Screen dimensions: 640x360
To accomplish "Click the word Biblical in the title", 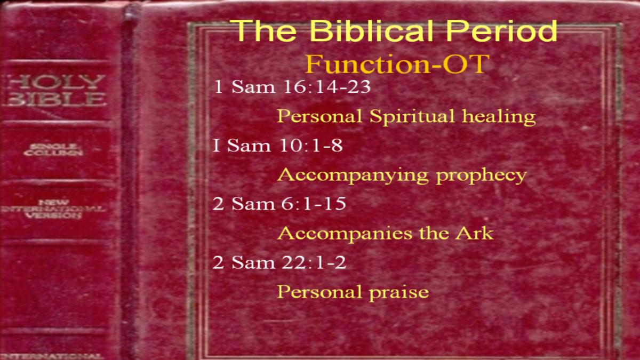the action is tap(371, 30).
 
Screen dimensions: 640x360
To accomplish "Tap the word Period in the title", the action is tap(502, 30).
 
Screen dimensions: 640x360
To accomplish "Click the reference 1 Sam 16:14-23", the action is tap(292, 86).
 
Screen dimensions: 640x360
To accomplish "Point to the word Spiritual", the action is tap(412, 117).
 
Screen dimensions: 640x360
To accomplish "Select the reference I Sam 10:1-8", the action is tap(277, 145).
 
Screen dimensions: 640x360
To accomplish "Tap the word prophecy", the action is tap(481, 175).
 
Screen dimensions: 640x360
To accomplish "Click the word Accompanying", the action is tap(353, 175).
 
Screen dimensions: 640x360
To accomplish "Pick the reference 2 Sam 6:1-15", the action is tap(279, 204).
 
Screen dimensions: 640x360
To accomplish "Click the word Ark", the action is tap(474, 233).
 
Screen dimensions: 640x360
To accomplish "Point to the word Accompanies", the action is tap(345, 234).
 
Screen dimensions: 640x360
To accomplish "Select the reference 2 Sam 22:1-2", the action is tap(279, 262).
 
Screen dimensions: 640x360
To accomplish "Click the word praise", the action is tap(399, 293).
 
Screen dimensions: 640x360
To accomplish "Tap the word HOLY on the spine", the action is tap(55, 82).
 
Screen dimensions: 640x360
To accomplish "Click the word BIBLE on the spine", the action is tap(55, 99).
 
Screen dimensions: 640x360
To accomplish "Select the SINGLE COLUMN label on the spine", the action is tap(53, 150).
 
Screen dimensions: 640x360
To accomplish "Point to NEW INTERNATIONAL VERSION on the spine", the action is tap(53, 209).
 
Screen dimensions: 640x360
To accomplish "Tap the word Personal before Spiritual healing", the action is tap(319, 116).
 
